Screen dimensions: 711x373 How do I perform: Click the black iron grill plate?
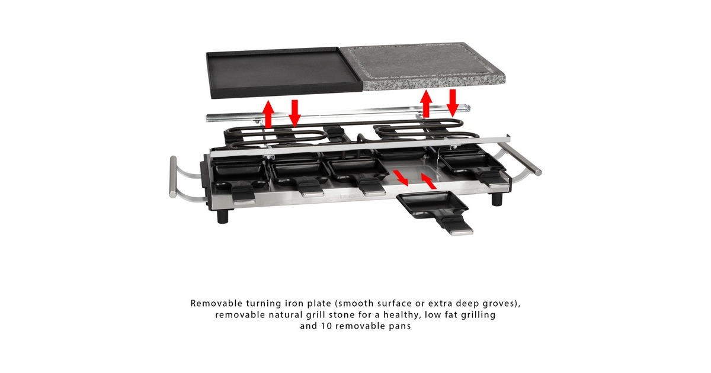click(x=284, y=72)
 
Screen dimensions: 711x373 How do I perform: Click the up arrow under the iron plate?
click(x=269, y=114)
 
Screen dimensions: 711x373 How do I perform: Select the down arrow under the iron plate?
click(x=294, y=113)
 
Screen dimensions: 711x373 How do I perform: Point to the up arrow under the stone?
click(x=426, y=104)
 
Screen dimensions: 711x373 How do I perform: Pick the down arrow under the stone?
click(x=452, y=103)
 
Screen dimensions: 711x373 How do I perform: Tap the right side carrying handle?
click(x=521, y=162)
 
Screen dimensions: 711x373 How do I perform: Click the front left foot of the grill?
click(x=223, y=216)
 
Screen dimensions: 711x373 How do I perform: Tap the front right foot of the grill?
click(x=497, y=198)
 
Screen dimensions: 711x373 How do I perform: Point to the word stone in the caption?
click(x=342, y=315)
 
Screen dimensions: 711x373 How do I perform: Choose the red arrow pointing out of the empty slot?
click(x=401, y=178)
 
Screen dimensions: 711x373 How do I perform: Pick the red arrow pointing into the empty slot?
click(x=428, y=181)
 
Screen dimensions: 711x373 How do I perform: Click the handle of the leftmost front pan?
click(x=244, y=196)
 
